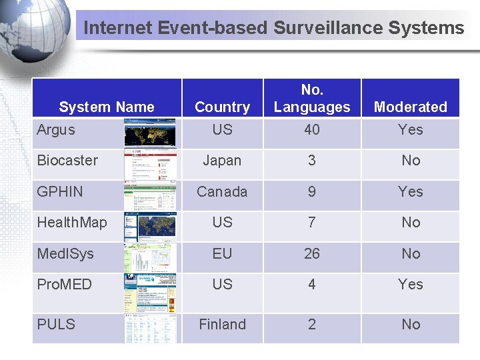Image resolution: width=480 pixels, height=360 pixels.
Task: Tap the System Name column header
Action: [107, 107]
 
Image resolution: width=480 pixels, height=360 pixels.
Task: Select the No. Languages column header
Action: [312, 99]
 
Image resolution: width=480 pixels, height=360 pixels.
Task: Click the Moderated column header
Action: [411, 107]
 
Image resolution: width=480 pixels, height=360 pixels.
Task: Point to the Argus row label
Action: [56, 130]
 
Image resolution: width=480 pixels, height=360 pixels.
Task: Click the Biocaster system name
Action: [67, 161]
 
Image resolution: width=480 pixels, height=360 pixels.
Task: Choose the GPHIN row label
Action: [60, 192]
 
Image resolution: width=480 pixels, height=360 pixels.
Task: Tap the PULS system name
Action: [56, 325]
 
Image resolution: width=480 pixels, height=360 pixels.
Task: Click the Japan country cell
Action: [222, 161]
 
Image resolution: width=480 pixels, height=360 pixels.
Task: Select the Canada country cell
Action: [222, 192]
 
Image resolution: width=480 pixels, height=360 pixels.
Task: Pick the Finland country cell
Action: [222, 325]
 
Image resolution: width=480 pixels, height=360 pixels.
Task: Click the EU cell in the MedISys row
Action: [222, 253]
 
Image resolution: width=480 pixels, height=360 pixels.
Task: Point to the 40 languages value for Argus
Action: [312, 130]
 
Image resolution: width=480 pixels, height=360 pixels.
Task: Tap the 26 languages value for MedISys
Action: [312, 253]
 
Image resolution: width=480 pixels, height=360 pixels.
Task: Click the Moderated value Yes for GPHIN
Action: [411, 192]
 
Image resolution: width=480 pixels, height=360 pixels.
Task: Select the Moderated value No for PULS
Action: [411, 325]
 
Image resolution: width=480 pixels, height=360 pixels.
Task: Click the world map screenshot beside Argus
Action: [151, 133]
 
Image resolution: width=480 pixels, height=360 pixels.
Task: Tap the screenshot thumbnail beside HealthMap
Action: [151, 226]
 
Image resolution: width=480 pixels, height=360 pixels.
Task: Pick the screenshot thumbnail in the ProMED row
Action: [151, 293]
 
